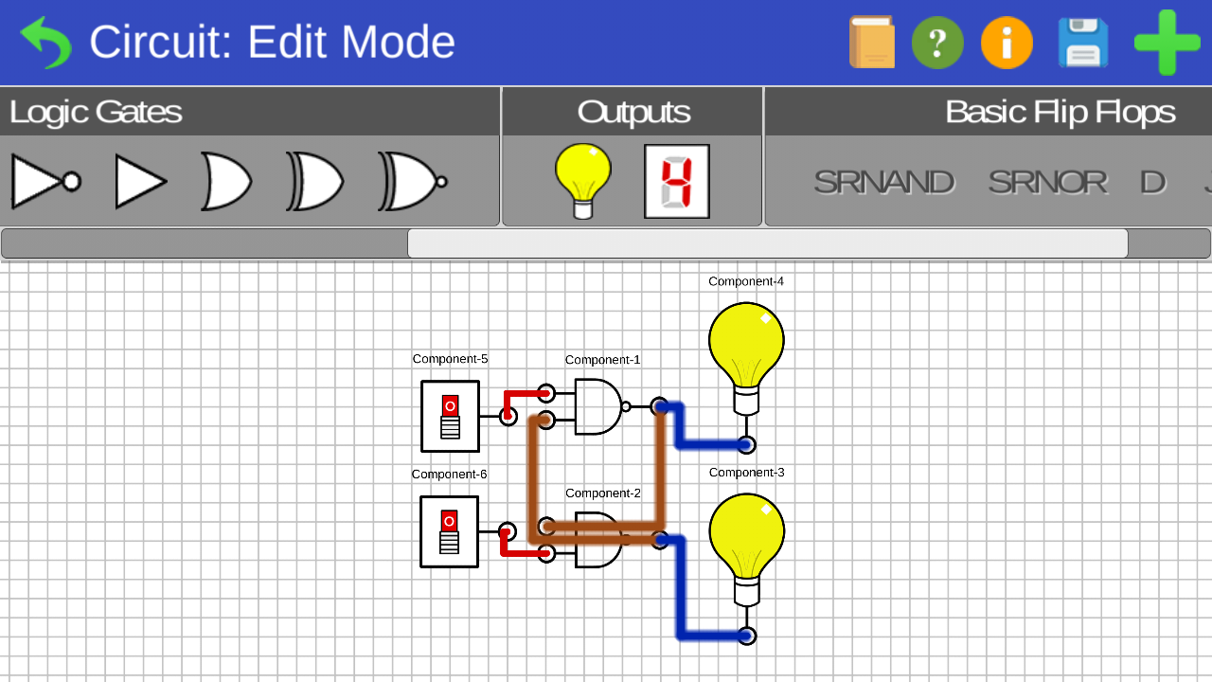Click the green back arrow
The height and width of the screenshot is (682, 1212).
pos(45,43)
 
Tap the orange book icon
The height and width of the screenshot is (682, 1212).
pos(872,43)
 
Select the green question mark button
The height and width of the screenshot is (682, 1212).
pos(937,43)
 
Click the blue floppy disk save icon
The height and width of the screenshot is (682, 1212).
pos(1083,43)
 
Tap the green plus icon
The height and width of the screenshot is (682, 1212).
pos(1167,43)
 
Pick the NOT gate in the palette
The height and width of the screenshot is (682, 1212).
pos(45,181)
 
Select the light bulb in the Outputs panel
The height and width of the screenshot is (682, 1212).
pos(583,180)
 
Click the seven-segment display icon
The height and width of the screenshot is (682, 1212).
pos(677,181)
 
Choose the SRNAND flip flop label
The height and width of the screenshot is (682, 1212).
pos(883,182)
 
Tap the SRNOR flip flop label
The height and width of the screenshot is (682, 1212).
pos(1047,182)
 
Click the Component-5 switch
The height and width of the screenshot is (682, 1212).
pos(450,416)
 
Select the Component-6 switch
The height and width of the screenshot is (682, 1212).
pos(449,531)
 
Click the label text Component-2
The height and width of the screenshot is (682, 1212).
pos(603,494)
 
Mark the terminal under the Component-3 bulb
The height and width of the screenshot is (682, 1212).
pos(746,636)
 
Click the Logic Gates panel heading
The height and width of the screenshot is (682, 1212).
pos(96,112)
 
